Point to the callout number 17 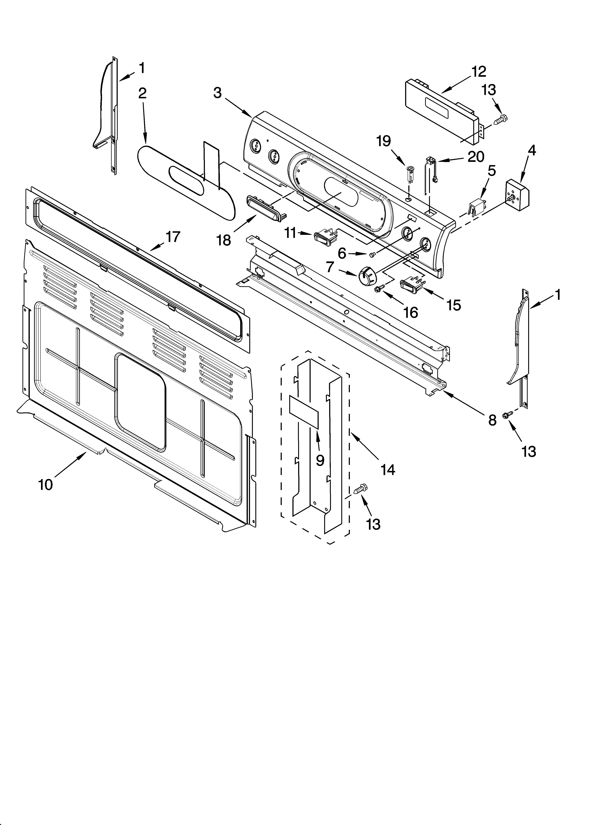pos(173,237)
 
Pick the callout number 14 pos(388,470)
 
